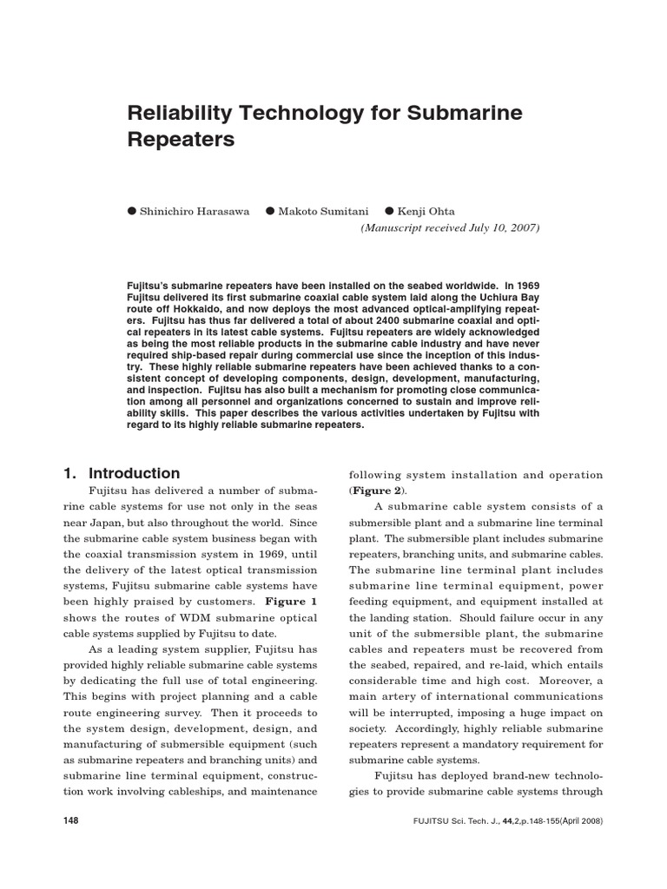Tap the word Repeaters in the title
pos(182,139)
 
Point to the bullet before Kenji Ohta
pos(390,211)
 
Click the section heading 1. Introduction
pos(122,473)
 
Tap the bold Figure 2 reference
pos(380,491)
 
